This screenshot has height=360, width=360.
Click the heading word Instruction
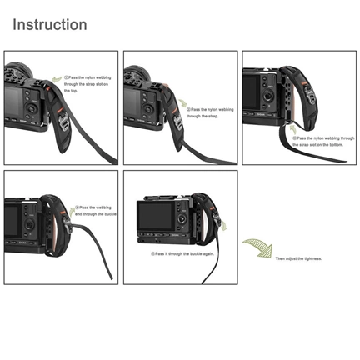(x=49, y=24)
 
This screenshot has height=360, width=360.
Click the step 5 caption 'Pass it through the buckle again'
(x=182, y=252)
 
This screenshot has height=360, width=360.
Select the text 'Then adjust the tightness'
(x=299, y=258)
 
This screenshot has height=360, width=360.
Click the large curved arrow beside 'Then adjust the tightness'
(x=256, y=248)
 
